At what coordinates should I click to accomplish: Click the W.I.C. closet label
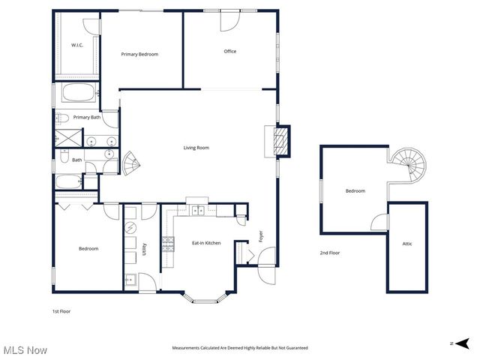tap(76, 46)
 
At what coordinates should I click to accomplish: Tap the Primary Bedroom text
tap(139, 54)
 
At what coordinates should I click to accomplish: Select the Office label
tap(230, 51)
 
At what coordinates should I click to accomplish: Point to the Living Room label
tap(196, 148)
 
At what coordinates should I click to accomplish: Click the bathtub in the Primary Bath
tap(78, 95)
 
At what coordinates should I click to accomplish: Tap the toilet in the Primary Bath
tap(64, 118)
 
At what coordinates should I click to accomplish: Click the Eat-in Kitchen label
tap(206, 243)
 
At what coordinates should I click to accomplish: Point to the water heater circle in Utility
tap(131, 228)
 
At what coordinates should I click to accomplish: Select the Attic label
tap(407, 244)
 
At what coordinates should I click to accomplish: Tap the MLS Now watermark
tap(25, 350)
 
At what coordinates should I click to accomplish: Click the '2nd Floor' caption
tap(330, 253)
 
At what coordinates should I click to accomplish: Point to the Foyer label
tap(261, 238)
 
